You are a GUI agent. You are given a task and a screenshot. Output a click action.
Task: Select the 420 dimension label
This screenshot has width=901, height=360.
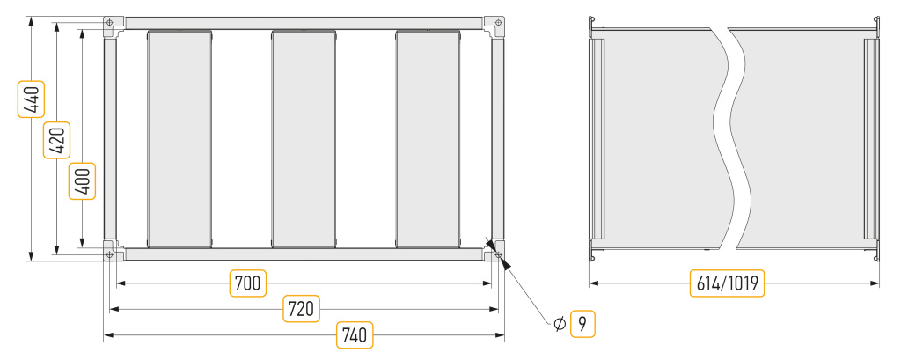coord(57,140)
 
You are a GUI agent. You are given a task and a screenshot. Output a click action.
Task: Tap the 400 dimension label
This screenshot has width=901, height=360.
coord(82,181)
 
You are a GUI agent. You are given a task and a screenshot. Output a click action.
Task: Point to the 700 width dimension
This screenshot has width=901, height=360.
coord(248,283)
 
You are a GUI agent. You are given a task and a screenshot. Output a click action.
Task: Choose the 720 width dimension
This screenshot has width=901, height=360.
coord(302,309)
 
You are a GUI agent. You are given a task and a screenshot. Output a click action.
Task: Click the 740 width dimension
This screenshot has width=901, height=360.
coord(355,334)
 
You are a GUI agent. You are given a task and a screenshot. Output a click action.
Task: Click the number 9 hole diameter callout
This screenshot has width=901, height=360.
coord(582,324)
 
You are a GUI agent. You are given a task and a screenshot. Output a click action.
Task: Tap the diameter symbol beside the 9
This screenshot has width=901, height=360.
coord(560,325)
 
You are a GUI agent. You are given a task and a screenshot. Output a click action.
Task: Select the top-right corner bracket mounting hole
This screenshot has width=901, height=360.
coord(498,23)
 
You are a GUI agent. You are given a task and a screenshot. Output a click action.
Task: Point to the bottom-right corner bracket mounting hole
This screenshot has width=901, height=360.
coord(498,254)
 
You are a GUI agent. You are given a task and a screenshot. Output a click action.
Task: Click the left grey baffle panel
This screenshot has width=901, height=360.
coord(179,138)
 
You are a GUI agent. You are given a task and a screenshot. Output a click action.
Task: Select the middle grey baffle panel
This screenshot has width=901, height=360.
coord(304,138)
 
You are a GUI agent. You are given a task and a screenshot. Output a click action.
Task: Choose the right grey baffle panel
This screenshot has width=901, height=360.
coord(429,138)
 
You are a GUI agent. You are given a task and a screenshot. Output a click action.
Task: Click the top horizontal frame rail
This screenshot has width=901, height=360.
coord(304,23)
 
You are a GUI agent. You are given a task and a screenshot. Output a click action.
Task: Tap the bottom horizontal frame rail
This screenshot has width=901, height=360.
coord(304,254)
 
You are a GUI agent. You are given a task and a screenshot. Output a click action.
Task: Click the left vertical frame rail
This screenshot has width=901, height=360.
coord(110,138)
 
